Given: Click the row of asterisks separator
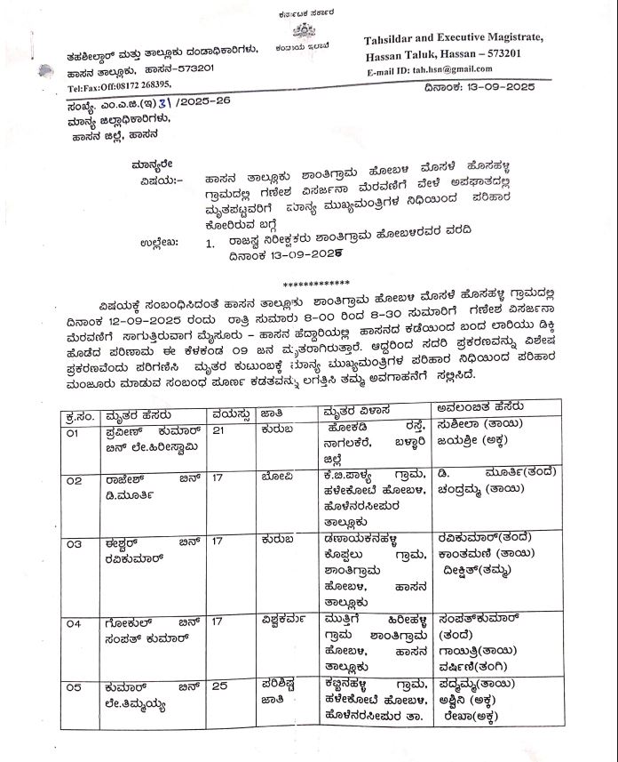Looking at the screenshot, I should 310,282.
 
